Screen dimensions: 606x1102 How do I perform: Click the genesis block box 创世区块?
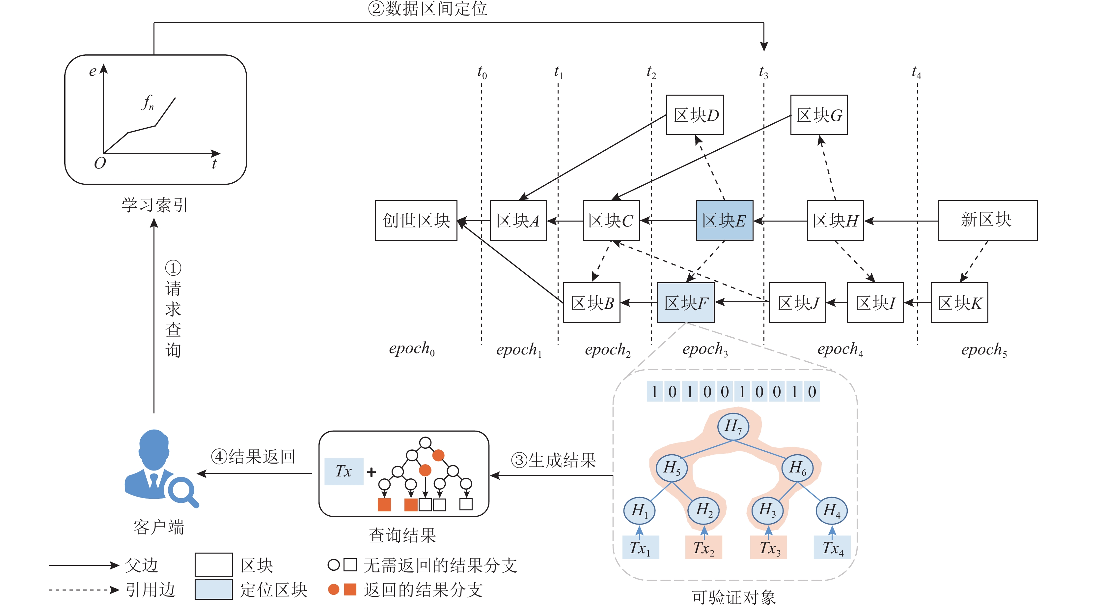pos(416,220)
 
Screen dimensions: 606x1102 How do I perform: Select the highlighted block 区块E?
pos(724,220)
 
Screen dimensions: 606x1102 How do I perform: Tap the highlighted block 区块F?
pos(685,302)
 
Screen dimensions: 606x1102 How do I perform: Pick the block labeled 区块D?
pos(695,115)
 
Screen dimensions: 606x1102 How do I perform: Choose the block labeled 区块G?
pos(819,115)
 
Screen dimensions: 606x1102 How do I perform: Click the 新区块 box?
pos(987,220)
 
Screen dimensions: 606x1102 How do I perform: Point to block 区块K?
pos(959,302)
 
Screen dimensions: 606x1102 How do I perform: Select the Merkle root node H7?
pos(733,426)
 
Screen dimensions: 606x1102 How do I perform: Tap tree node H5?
pos(671,468)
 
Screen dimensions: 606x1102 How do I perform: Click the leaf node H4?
pos(831,510)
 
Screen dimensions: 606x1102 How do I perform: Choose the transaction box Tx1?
pos(640,547)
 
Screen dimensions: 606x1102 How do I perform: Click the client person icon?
pos(156,467)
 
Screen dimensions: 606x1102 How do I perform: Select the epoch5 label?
pos(984,350)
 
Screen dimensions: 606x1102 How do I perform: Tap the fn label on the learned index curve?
pos(148,103)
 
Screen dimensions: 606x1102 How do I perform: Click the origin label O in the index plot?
pos(100,163)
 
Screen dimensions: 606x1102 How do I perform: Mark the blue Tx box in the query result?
pos(344,471)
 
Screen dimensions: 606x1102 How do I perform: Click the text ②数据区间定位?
pos(427,9)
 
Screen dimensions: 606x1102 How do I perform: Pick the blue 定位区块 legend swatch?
pos(213,589)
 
